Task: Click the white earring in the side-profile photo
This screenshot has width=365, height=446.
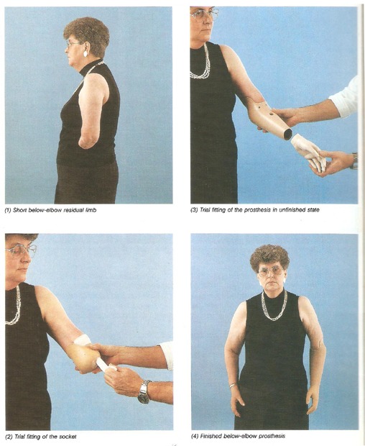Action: point(86,53)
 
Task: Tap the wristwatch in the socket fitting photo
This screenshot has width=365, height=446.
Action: point(144,392)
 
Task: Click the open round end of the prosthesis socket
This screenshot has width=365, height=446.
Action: point(287,134)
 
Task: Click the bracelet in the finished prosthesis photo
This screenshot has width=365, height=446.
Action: point(233,386)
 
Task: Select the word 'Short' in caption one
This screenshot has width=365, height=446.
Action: point(19,211)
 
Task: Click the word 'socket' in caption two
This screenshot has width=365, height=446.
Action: point(69,437)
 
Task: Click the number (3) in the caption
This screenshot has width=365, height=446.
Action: point(195,210)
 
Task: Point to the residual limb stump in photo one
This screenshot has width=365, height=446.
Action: point(88,142)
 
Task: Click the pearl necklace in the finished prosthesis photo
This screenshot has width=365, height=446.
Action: point(274,306)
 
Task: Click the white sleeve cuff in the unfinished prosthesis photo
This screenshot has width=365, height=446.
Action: point(344,96)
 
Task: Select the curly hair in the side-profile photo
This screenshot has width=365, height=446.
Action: point(87,37)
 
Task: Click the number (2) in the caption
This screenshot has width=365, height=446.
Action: point(9,437)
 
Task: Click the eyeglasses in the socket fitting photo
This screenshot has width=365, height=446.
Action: point(20,250)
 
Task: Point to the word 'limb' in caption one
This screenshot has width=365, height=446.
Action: point(91,211)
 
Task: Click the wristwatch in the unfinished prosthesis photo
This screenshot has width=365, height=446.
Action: point(354,161)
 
